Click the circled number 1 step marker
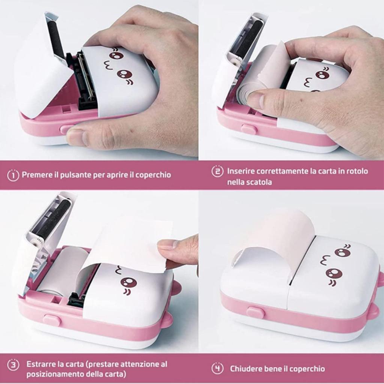pos(13,175)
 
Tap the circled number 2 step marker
pos(217,172)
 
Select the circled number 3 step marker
pos(13,364)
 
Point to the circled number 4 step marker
pos(217,368)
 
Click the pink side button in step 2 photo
pos(249,129)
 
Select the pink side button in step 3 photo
pos(51,320)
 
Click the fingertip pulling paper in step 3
pos(169,246)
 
